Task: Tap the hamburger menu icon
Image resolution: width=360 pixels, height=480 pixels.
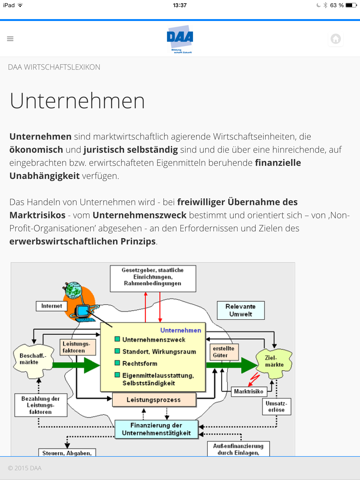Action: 10,39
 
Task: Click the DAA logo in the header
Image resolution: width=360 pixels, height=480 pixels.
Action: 180,39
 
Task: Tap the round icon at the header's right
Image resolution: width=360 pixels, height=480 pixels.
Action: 335,39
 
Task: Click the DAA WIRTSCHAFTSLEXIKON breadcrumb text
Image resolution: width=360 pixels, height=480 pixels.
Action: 54,67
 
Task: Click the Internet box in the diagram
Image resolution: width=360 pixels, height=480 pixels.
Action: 51,305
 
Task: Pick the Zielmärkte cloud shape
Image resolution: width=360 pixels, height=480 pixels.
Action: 273,359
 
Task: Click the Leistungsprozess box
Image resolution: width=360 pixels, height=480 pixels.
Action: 155,400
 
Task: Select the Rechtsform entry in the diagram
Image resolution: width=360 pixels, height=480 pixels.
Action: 145,363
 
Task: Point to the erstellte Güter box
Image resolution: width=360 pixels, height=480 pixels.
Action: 222,352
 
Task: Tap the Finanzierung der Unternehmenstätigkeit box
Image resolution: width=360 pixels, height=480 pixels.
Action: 158,428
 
